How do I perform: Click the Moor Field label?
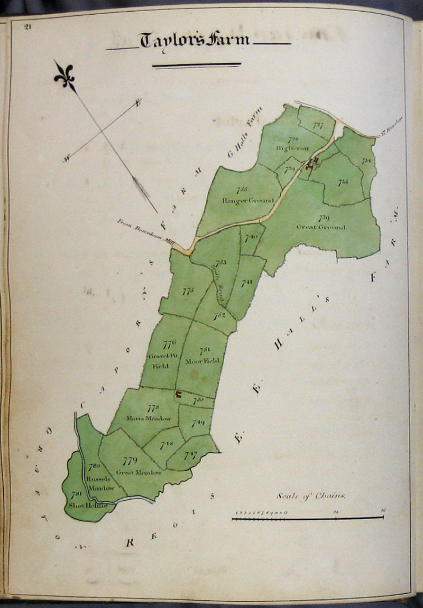[x=203, y=361]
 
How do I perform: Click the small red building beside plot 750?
[x=178, y=394]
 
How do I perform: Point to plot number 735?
[x=343, y=182]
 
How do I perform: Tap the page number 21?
[x=28, y=28]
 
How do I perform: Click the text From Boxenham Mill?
[x=146, y=231]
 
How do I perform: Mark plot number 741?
[x=247, y=283]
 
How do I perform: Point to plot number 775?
[x=188, y=291]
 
